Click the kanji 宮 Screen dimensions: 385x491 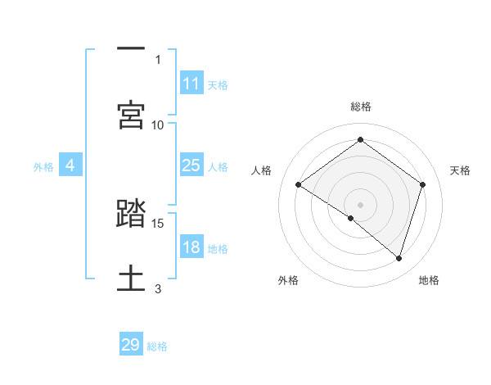[131, 115]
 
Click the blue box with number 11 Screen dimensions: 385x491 [191, 84]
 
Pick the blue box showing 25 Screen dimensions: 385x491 [191, 165]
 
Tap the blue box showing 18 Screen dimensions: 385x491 [191, 247]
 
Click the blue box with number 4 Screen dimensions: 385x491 [70, 165]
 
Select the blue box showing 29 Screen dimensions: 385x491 [131, 345]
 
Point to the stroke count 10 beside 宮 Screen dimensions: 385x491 [158, 125]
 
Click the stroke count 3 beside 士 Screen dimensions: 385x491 [158, 288]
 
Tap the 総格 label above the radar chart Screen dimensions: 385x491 [360, 106]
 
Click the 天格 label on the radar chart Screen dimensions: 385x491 [460, 170]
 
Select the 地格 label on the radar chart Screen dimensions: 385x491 [429, 280]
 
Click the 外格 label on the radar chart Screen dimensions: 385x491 [288, 280]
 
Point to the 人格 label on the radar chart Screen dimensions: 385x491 [261, 170]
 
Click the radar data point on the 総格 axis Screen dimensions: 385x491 [360, 140]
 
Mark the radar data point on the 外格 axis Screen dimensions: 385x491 [351, 218]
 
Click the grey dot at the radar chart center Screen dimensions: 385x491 [360, 204]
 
